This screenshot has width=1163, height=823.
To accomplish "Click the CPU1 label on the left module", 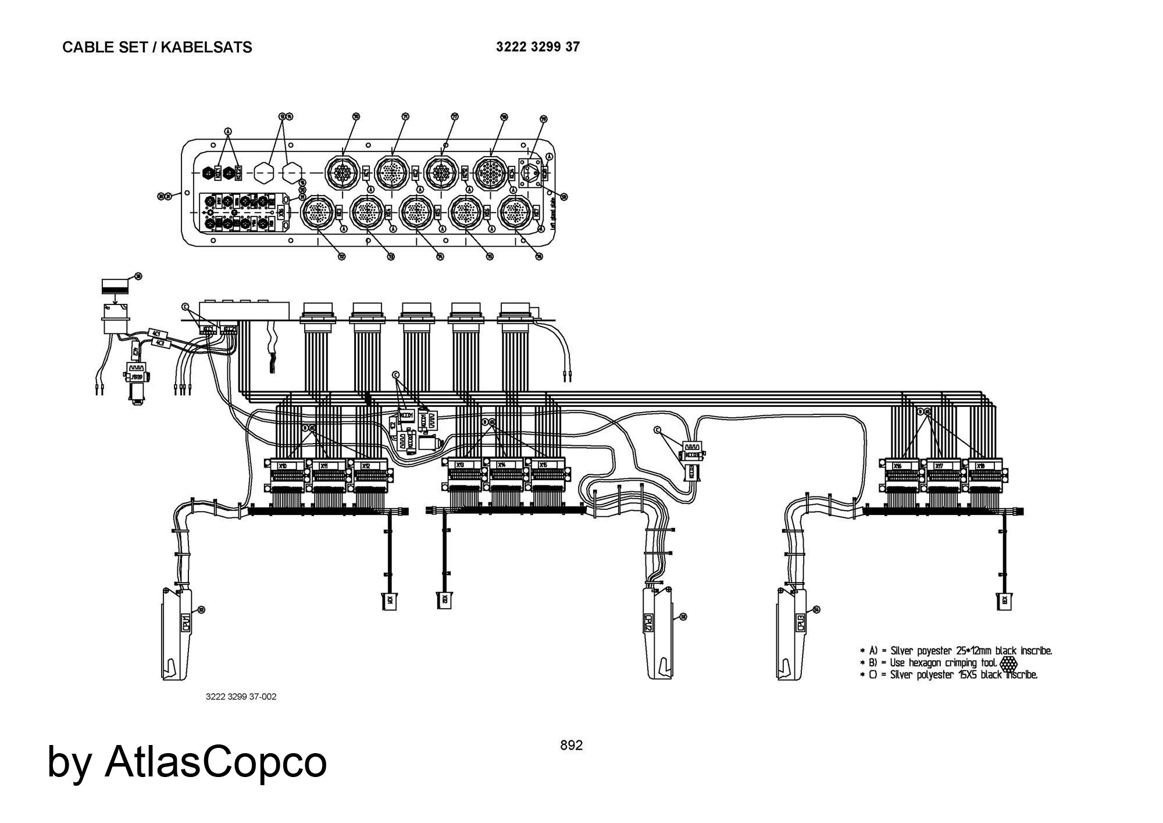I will tap(186, 622).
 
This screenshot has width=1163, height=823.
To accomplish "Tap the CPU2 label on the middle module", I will tap(648, 623).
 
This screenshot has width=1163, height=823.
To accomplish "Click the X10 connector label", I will tap(283, 466).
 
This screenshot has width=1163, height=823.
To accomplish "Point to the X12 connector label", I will tap(366, 466).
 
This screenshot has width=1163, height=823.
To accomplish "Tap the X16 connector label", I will tap(897, 466).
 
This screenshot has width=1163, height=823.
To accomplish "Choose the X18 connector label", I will tap(980, 466).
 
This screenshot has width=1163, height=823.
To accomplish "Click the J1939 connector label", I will tap(137, 377).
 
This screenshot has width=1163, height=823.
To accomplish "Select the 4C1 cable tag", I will tap(156, 334).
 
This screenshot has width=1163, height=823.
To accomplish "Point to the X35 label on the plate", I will tap(281, 211).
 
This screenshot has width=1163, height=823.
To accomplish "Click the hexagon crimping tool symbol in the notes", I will tap(1009, 663).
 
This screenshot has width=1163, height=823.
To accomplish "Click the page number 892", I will tap(571, 745).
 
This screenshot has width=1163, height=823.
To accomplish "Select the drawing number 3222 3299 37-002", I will tap(241, 697).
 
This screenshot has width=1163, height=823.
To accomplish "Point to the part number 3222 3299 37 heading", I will tap(537, 47).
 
